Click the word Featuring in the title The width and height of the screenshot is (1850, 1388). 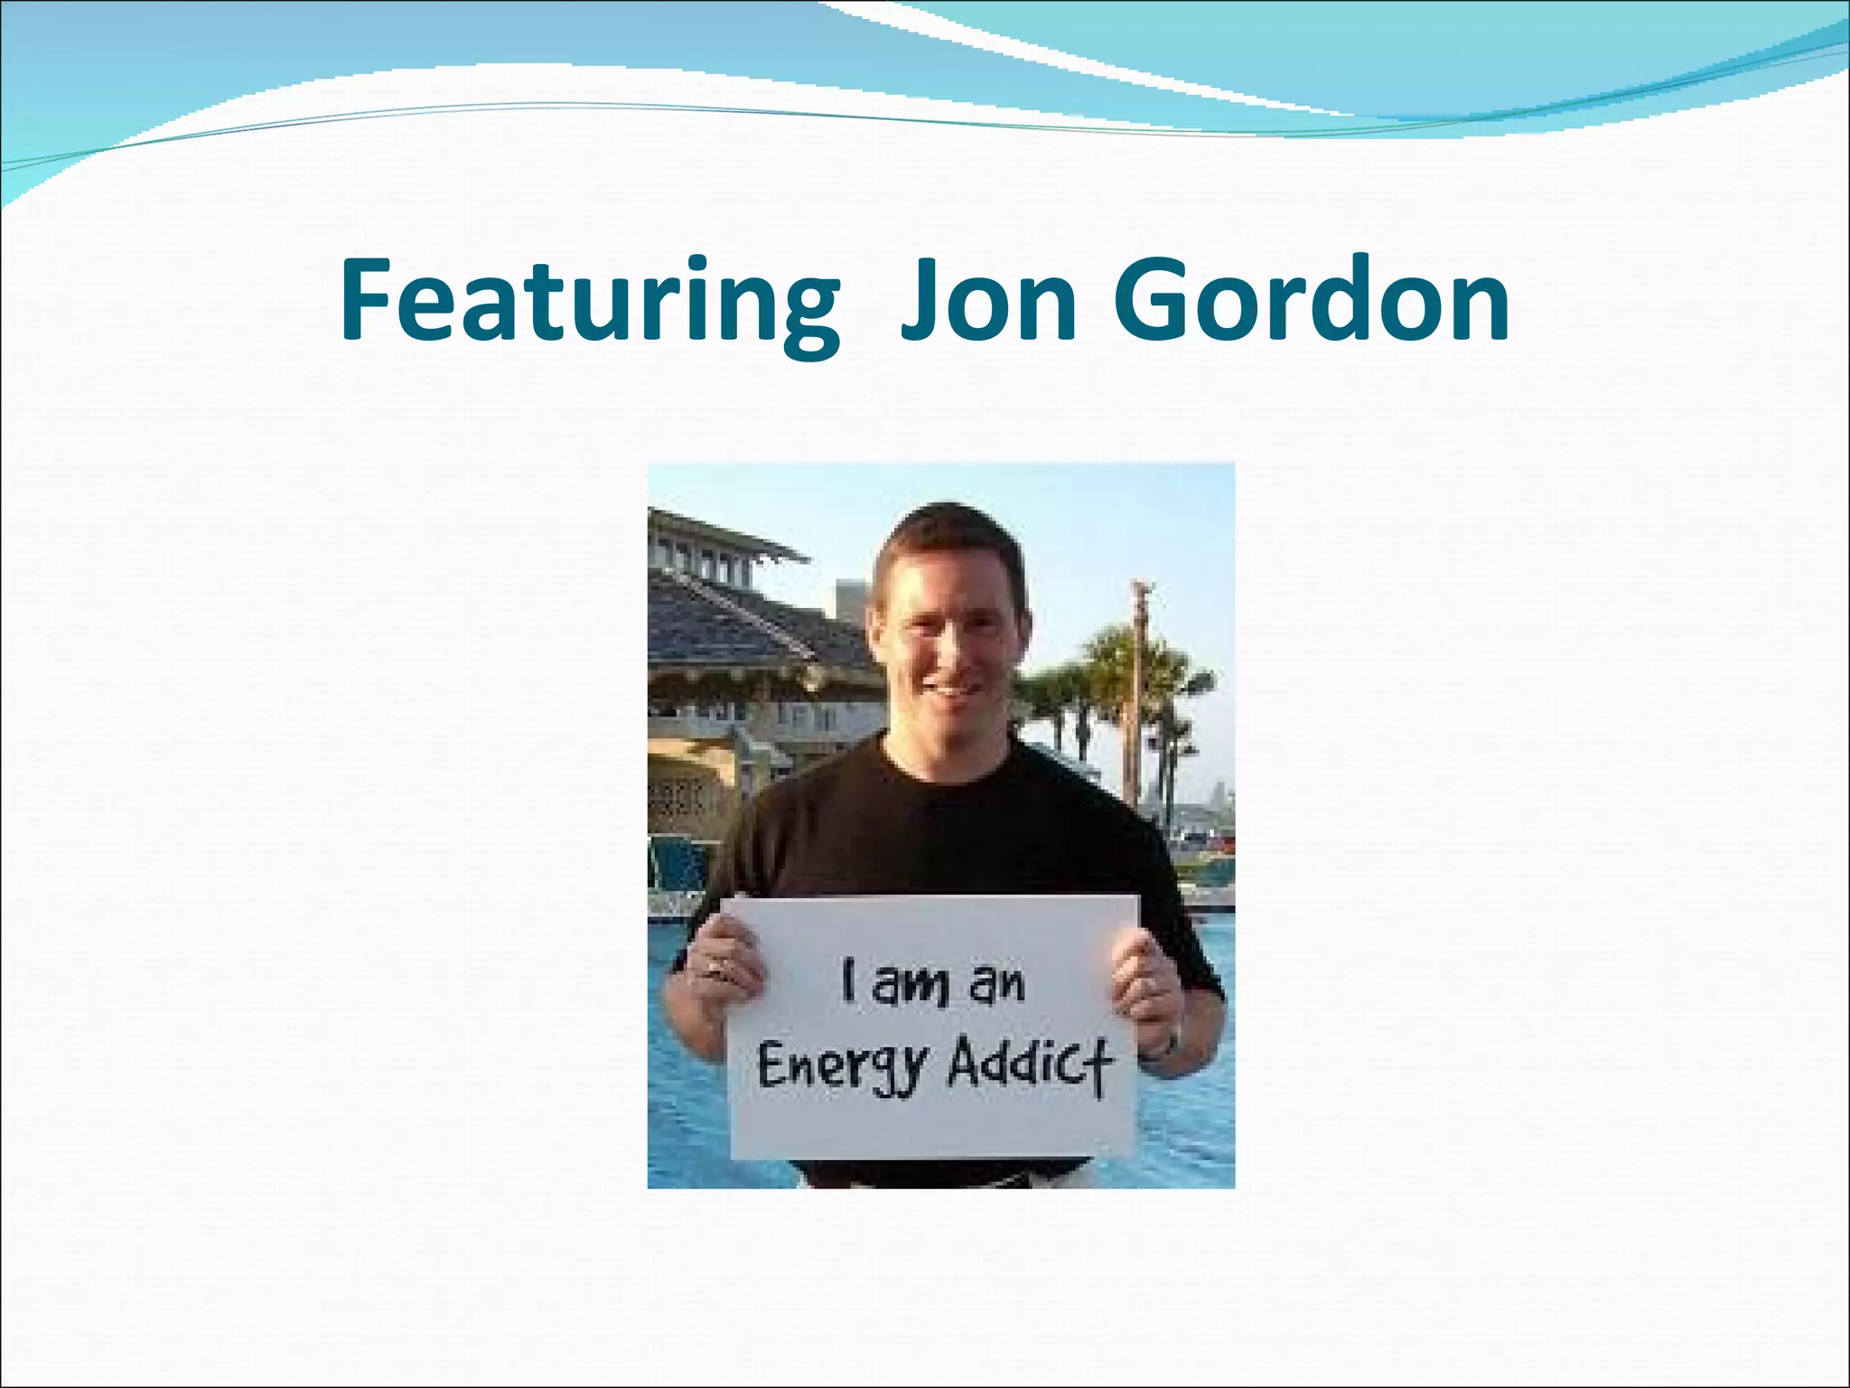coord(590,300)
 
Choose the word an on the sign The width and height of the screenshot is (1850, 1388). coord(996,985)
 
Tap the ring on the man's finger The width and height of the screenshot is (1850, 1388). coord(713,969)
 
